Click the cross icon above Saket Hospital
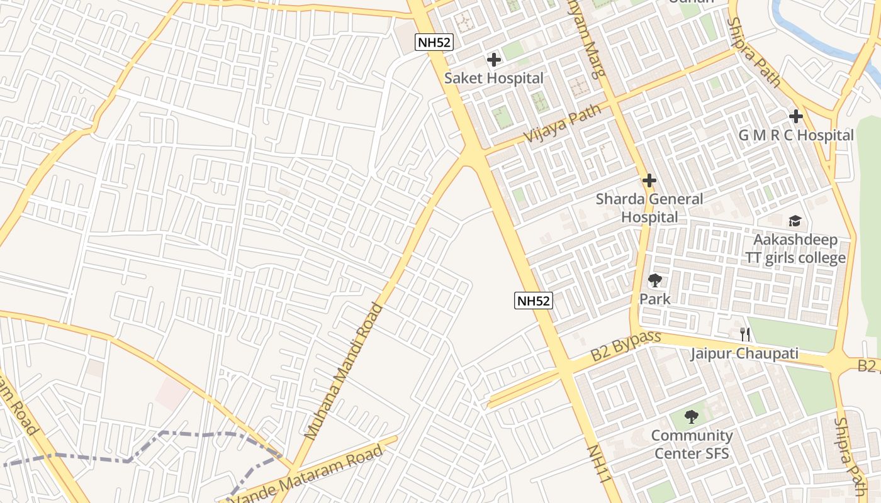pos(494,60)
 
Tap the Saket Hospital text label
pos(494,79)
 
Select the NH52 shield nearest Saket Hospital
pos(434,43)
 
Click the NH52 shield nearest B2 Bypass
pos(533,301)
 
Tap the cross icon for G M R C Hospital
pos(796,116)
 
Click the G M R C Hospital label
pos(796,135)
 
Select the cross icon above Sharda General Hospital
pos(649,181)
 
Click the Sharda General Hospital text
pos(649,208)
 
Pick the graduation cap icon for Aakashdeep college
pos(795,221)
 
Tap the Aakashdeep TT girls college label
pos(795,249)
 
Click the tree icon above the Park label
pos(655,280)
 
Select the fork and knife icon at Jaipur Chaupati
pos(745,334)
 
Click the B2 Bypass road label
pos(626,346)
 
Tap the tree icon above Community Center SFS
pos(692,416)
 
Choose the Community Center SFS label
pos(692,444)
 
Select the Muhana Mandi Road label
pos(344,371)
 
